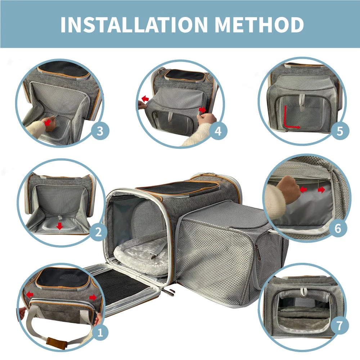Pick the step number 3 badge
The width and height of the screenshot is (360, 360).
pos(100,131)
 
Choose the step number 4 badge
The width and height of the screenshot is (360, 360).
pos(218,131)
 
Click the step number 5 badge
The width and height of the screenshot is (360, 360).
pos(339,131)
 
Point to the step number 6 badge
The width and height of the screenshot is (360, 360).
pos(337,228)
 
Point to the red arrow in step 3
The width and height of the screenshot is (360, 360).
pos(47,122)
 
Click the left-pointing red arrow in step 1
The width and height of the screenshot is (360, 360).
pos(30,294)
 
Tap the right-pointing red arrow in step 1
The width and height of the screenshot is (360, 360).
pos(93,297)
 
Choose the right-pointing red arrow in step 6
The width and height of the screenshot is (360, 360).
pos(321,190)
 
